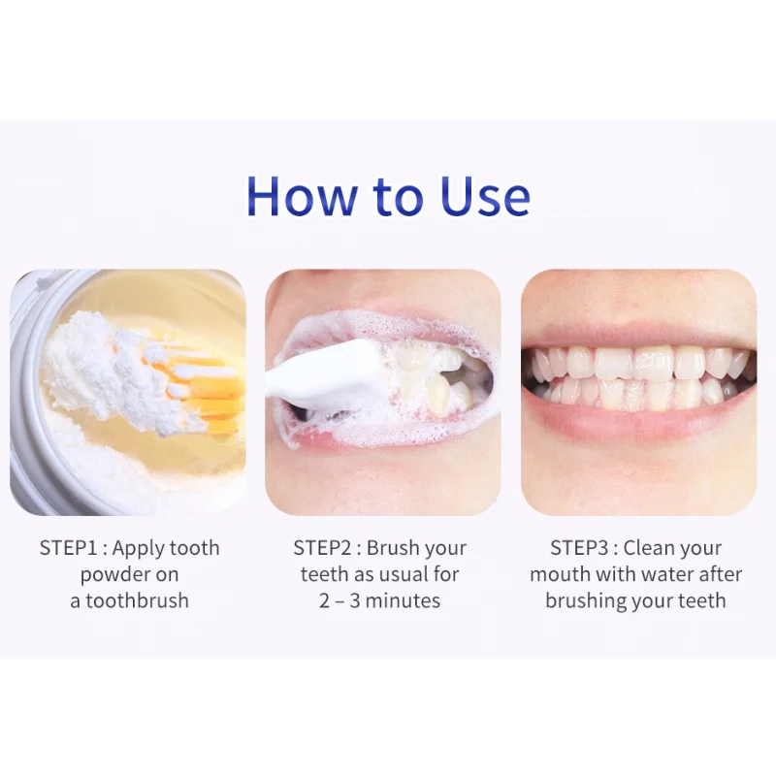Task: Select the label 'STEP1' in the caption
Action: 71,548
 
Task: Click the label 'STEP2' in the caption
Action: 325,548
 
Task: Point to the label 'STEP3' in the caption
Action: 581,548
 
